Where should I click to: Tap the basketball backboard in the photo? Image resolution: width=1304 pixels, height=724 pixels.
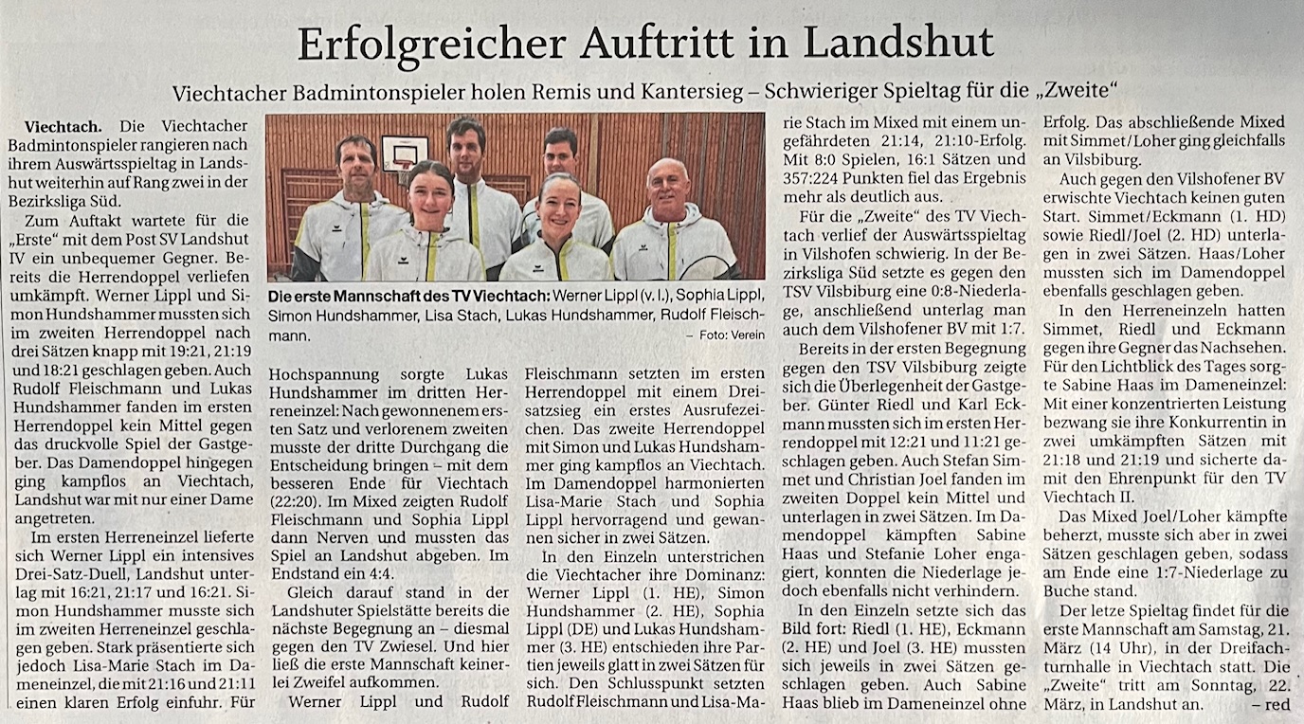tap(404, 152)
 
